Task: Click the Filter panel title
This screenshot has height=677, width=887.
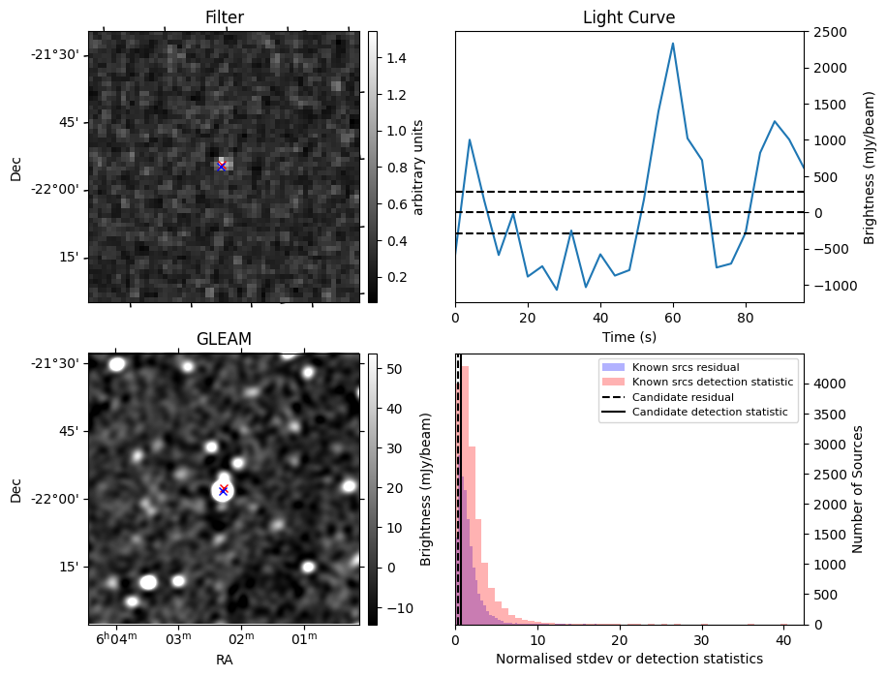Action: [224, 17]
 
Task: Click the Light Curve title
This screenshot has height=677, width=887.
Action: [628, 17]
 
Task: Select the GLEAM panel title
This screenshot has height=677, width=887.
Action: [224, 339]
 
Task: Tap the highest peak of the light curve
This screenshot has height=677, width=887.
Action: [673, 44]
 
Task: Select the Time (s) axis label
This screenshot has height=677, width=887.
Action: [628, 335]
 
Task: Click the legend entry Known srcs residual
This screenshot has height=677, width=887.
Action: [685, 368]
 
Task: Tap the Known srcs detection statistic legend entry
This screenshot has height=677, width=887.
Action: [712, 383]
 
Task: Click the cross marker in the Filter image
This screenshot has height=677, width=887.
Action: [222, 167]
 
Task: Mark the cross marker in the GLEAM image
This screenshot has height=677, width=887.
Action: [223, 490]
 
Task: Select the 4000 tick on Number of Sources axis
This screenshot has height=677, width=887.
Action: [825, 384]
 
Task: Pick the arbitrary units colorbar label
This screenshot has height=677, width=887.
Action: [418, 167]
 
